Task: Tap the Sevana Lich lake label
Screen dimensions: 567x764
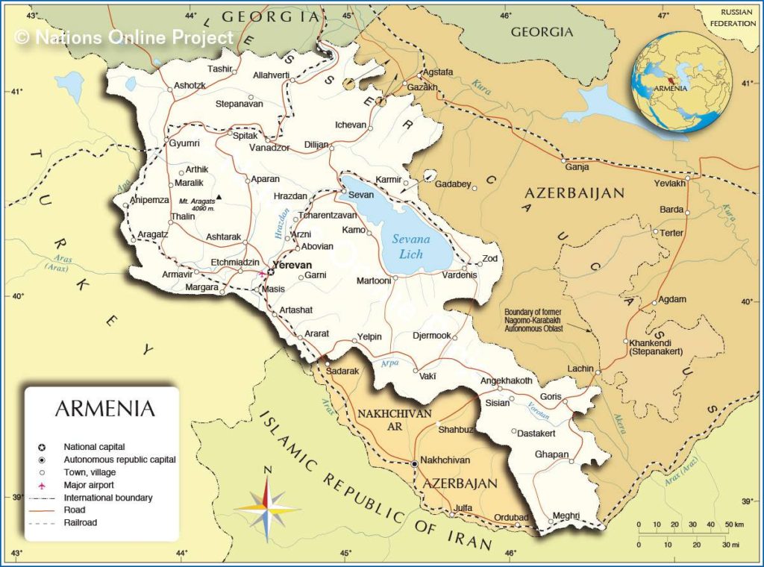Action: point(410,247)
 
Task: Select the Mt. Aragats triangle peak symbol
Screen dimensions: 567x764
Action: point(219,197)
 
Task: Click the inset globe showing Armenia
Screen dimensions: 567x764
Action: point(681,82)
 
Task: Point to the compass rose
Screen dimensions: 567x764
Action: point(267,507)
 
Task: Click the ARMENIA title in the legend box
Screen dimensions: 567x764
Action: point(104,409)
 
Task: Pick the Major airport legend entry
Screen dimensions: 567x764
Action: point(89,485)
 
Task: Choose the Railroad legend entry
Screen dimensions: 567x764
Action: point(81,523)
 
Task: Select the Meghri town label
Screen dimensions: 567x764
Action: point(566,516)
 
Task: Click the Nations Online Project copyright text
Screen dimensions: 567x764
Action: point(124,37)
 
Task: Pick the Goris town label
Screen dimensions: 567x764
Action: point(551,396)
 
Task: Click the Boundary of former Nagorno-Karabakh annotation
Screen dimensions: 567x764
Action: point(533,319)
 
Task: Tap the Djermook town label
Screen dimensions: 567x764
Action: point(432,336)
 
